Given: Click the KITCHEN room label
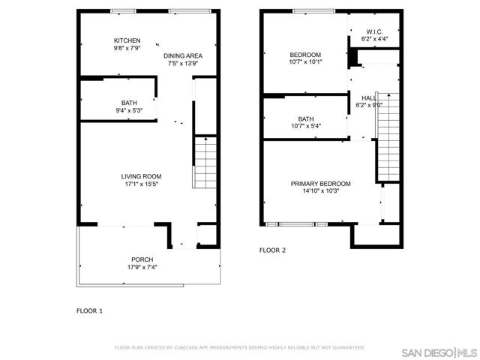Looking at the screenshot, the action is (127, 40).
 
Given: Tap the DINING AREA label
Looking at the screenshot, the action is (183, 56).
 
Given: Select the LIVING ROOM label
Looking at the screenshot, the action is (141, 176).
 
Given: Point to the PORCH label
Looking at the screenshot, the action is (142, 259).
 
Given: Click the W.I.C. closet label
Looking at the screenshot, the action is (374, 31).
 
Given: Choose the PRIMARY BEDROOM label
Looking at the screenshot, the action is (320, 184).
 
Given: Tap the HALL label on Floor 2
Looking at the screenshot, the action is (369, 98).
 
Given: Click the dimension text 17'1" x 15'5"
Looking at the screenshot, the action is (141, 184).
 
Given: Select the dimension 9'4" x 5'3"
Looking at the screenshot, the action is (129, 110).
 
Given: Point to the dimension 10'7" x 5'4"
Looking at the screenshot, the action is (306, 126).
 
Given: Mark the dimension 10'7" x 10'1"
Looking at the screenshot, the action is (305, 61).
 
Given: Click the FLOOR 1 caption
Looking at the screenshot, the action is (89, 311).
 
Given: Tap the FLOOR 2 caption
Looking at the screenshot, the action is (272, 250).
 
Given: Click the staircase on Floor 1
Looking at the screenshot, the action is (205, 162).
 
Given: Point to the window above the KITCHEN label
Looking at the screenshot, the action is (123, 11).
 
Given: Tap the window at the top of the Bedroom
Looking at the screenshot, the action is (313, 11).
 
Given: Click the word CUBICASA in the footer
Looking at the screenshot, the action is (186, 347).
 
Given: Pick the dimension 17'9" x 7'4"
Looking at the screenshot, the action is (142, 267).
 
